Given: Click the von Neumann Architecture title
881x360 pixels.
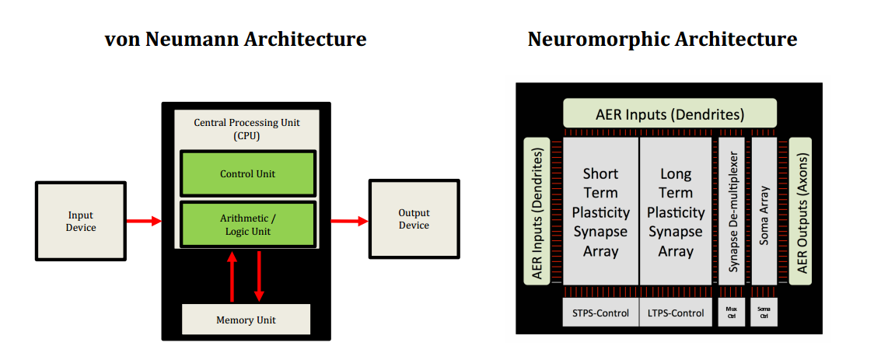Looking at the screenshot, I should click(x=236, y=39).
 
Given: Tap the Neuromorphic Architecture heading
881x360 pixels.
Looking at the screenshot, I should click(x=662, y=39).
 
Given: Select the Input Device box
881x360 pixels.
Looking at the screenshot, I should click(x=81, y=222).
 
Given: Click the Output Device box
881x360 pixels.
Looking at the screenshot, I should click(x=414, y=219).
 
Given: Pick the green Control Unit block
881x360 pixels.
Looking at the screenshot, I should click(x=247, y=173).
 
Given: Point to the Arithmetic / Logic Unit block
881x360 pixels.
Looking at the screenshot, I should click(x=247, y=225).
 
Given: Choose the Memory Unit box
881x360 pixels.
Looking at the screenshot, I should click(x=246, y=320).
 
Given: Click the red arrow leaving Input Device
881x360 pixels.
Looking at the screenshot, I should click(x=143, y=222).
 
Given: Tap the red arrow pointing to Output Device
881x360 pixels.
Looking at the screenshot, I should click(x=349, y=221).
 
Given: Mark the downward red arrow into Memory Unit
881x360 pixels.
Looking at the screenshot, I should click(x=259, y=276).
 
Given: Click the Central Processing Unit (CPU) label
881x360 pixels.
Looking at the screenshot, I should click(x=246, y=129).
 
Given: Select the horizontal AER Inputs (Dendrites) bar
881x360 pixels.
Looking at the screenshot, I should click(x=669, y=114).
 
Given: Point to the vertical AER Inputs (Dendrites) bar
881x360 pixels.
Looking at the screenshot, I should click(x=538, y=211).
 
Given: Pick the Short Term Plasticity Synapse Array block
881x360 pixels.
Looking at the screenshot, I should click(x=600, y=211).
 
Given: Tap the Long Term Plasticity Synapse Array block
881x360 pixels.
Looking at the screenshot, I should click(x=675, y=211).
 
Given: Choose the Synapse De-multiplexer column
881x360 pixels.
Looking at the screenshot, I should click(x=732, y=211).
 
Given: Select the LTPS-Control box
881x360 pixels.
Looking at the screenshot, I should click(x=675, y=313).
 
